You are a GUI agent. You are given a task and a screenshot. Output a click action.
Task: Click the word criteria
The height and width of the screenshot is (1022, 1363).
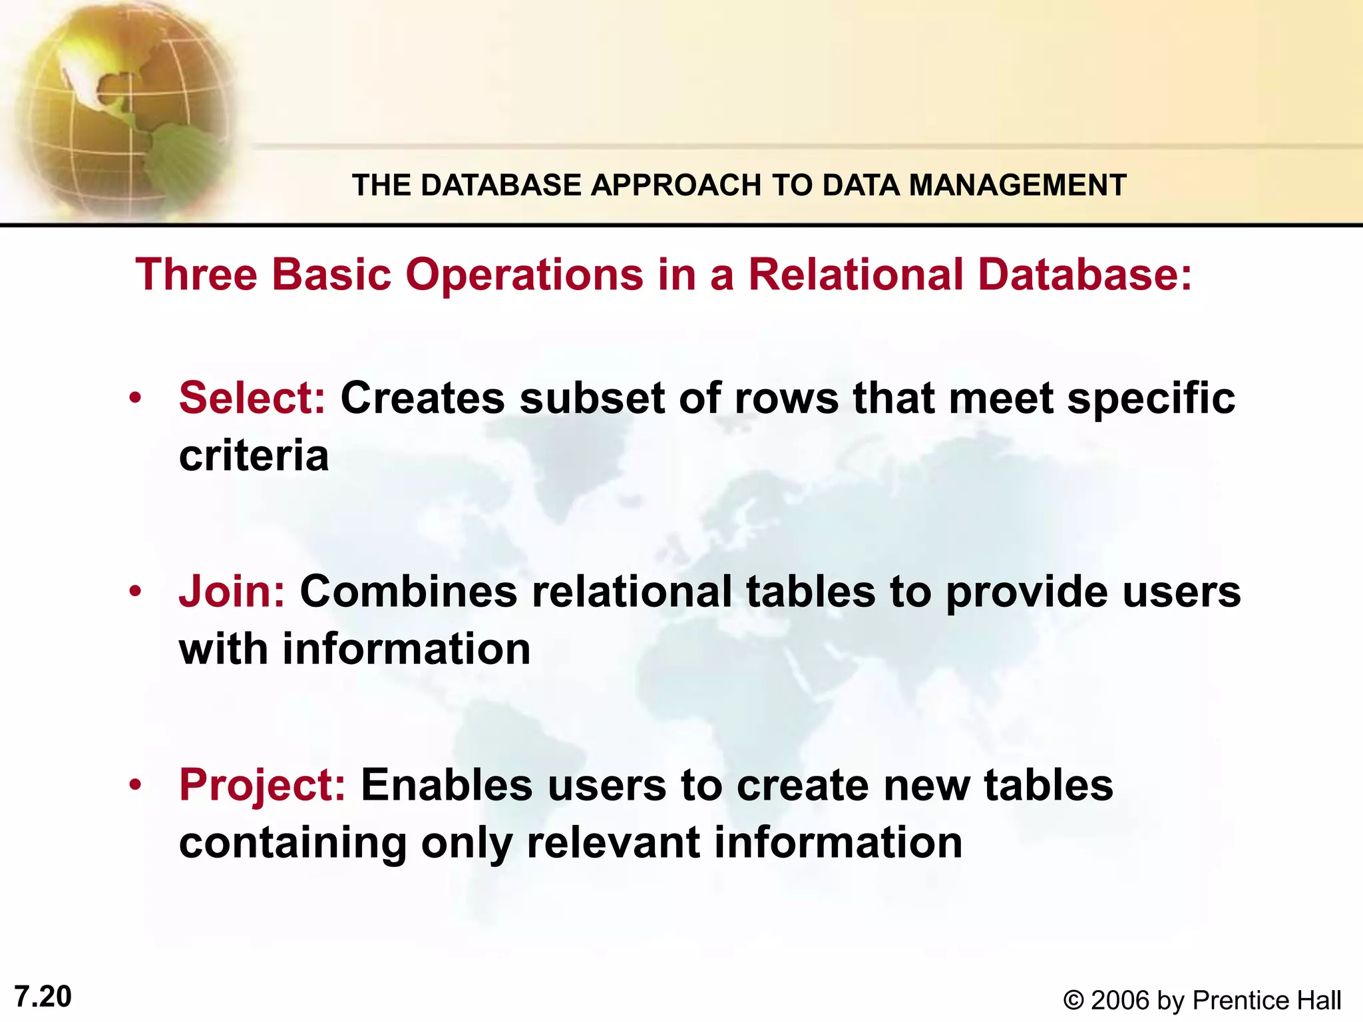tap(254, 456)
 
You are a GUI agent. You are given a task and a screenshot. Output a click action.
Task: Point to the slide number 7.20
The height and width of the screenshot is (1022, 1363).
tap(43, 997)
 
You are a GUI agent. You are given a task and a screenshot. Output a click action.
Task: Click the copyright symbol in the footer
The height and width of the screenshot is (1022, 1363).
tap(1073, 1001)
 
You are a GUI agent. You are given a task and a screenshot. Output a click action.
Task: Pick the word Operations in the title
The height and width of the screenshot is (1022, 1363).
tap(524, 274)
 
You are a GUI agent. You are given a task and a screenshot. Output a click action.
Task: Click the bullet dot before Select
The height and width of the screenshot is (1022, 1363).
tap(136, 399)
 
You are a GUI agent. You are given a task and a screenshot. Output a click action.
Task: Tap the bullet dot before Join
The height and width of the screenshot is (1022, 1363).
tap(136, 592)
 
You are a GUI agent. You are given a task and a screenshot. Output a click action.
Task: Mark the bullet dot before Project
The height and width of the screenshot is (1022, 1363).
tap(136, 785)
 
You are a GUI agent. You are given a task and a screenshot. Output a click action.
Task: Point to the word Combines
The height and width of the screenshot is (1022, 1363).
tap(408, 591)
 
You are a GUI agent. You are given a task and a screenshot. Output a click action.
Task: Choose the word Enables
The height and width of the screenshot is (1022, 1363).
tap(447, 785)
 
